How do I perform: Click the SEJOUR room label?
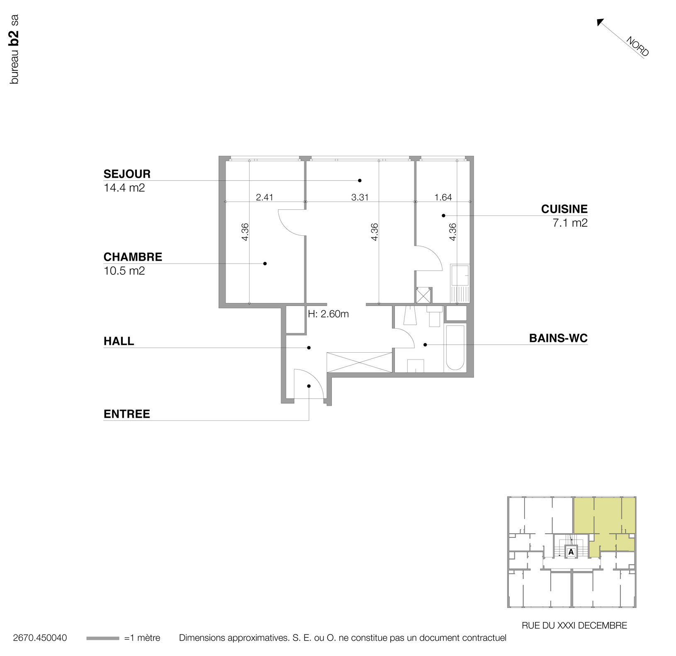[127, 174]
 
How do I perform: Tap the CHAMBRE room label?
[133, 257]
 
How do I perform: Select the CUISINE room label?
[564, 209]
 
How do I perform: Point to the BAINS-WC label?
[558, 339]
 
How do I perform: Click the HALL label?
[119, 341]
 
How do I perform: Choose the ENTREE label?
[126, 414]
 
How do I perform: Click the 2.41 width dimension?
[265, 197]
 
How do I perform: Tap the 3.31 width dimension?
[360, 197]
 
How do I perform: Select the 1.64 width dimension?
[443, 197]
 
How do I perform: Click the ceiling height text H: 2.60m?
[328, 314]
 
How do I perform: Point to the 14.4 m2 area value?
[124, 188]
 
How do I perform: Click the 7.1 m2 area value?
[570, 223]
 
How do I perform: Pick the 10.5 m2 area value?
[124, 271]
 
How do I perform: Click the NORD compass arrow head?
[600, 22]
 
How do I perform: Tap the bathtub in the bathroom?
[455, 348]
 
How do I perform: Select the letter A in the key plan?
[571, 552]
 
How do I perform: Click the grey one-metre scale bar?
[102, 638]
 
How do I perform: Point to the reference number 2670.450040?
[40, 638]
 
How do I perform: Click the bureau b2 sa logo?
[14, 50]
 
